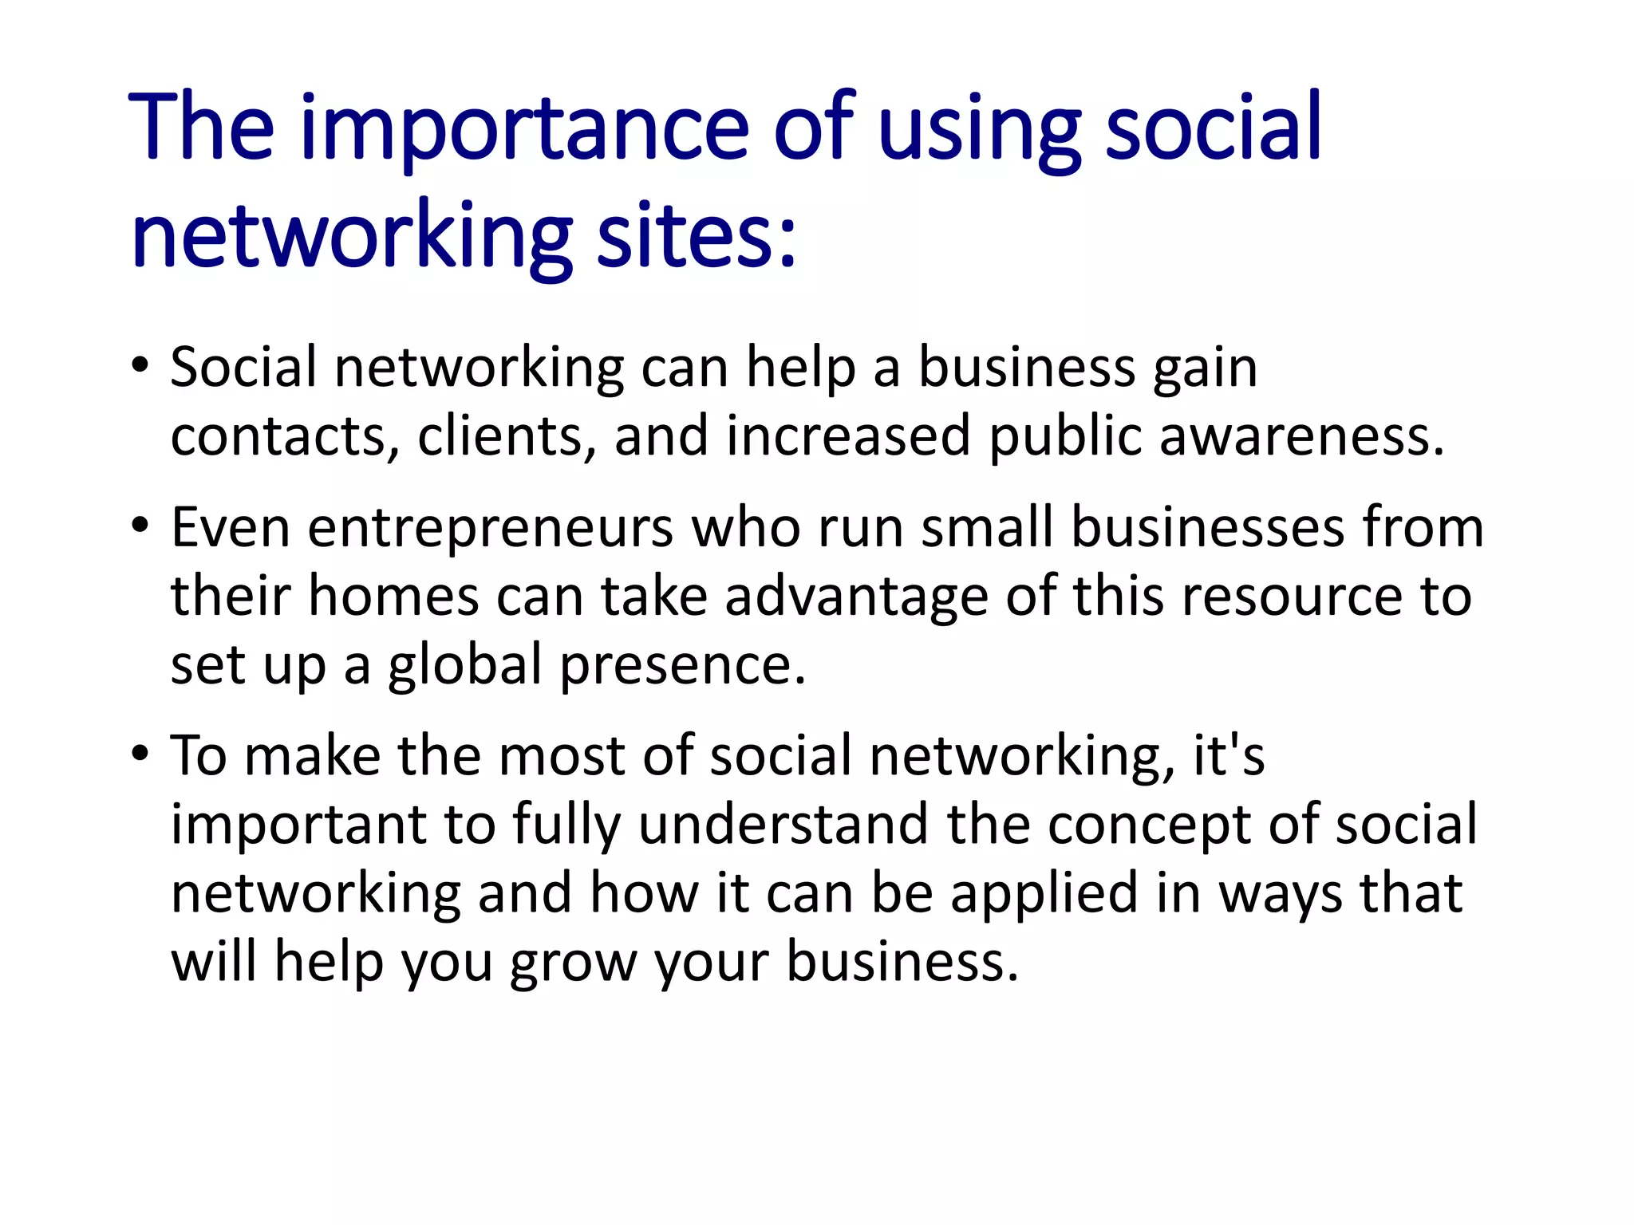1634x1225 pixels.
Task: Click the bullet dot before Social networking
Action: pyautogui.click(x=140, y=366)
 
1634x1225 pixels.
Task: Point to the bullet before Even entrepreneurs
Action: pyautogui.click(x=140, y=526)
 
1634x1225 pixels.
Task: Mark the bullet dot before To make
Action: pyautogui.click(x=140, y=754)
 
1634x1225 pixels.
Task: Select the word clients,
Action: pyautogui.click(x=506, y=436)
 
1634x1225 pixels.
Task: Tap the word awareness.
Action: pyautogui.click(x=1300, y=436)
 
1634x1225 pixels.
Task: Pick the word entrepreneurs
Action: pyautogui.click(x=491, y=528)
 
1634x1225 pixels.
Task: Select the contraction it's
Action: pyautogui.click(x=1229, y=755)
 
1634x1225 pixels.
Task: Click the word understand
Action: pyautogui.click(x=783, y=824)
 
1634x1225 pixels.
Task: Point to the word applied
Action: pyautogui.click(x=1044, y=894)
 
